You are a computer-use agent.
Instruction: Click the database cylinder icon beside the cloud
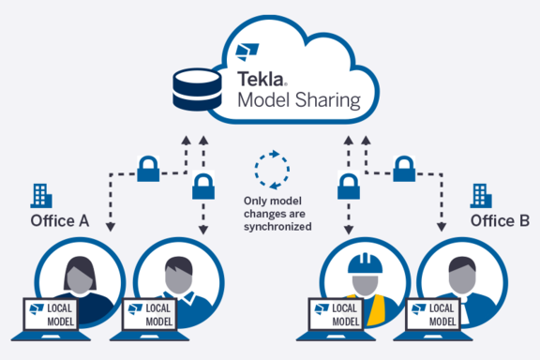(197, 90)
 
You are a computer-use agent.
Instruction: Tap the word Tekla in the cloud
(261, 80)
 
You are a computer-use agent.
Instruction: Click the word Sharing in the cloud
(328, 100)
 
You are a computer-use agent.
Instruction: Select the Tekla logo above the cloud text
(247, 52)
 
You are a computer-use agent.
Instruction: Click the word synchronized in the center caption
(277, 227)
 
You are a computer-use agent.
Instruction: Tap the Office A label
(60, 221)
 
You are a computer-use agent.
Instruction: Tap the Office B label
(500, 221)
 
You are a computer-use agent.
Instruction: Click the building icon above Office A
(41, 196)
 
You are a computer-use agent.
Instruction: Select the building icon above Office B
(481, 196)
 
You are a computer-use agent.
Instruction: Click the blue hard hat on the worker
(365, 263)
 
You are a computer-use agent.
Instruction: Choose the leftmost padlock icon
(148, 169)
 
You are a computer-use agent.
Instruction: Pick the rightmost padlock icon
(404, 169)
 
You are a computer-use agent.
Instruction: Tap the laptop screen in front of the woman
(51, 314)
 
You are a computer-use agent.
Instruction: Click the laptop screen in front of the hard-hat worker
(336, 314)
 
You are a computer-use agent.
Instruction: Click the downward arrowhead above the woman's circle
(111, 227)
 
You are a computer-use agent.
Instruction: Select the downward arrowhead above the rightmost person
(442, 227)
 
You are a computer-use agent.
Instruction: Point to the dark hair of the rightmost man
(462, 263)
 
